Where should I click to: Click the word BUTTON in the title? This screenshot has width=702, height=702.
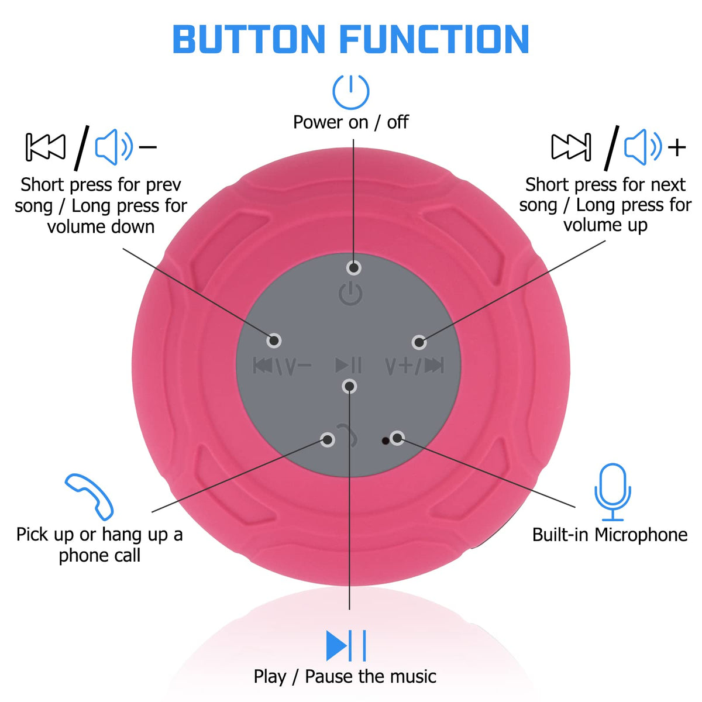click(249, 39)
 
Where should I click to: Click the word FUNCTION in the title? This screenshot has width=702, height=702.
click(434, 39)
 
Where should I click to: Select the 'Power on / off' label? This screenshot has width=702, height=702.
click(351, 122)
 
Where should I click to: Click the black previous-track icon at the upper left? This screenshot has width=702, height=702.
click(46, 147)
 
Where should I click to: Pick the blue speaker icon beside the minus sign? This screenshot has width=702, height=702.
click(113, 147)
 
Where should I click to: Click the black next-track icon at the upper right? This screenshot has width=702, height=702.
click(571, 147)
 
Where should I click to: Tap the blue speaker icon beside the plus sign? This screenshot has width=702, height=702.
click(642, 147)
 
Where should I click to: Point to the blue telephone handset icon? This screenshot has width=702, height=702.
click(90, 497)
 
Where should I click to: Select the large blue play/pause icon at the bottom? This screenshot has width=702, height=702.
click(346, 645)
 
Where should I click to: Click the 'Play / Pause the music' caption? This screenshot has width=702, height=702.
click(345, 676)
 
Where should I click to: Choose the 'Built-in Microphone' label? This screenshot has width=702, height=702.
click(610, 535)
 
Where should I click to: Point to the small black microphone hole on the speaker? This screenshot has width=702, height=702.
click(385, 441)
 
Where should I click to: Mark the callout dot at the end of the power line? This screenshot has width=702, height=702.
click(353, 268)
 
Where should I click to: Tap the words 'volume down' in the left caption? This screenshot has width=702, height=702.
click(101, 226)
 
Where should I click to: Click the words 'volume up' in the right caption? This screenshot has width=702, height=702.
click(605, 225)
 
